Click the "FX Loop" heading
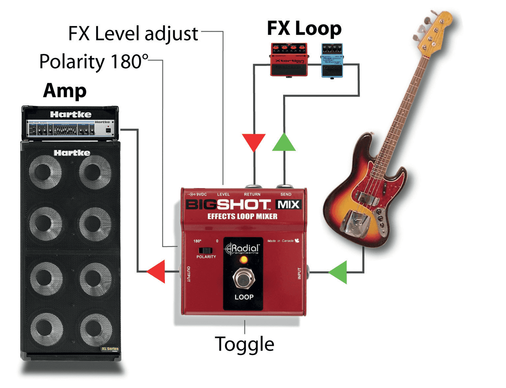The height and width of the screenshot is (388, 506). click(x=304, y=29)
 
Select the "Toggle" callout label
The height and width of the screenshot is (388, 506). click(x=245, y=344)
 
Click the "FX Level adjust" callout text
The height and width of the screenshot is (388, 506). click(x=133, y=34)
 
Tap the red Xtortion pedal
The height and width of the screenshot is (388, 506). click(x=289, y=59)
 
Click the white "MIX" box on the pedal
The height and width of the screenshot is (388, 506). click(x=288, y=205)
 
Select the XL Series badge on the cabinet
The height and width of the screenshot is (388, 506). click(x=110, y=350)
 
